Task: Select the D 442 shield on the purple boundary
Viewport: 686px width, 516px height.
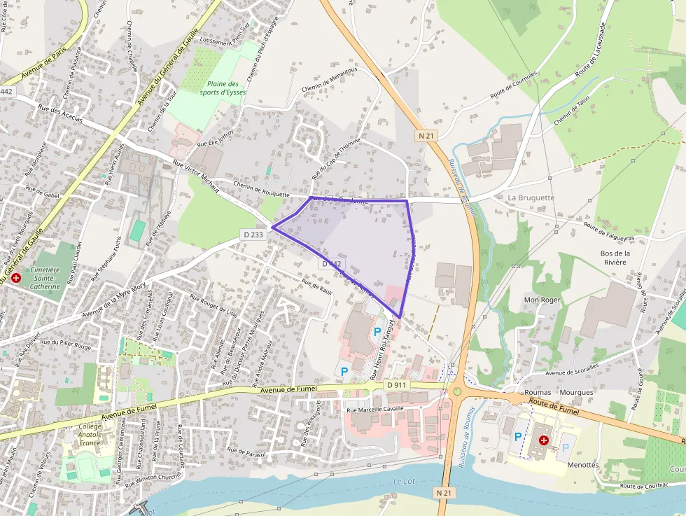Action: (332, 264)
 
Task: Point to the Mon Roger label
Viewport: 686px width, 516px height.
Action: (543, 300)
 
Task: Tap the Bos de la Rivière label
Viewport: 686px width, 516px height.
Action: (615, 258)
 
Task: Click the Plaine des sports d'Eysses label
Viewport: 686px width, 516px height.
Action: (223, 88)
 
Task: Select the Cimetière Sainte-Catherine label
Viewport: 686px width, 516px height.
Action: (45, 278)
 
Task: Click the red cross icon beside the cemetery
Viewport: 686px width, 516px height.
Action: (16, 278)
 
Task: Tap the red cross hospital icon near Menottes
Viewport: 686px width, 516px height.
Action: (544, 440)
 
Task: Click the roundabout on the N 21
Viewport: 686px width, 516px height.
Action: (458, 392)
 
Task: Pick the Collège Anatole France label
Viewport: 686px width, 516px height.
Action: (90, 434)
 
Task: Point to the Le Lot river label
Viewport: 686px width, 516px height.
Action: (404, 481)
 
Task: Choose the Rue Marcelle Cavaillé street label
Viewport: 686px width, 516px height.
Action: (375, 410)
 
